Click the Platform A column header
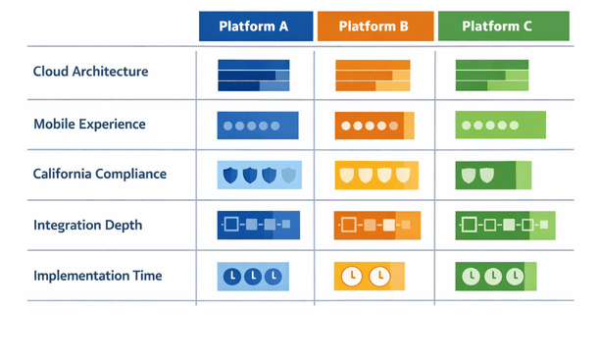(x=255, y=26)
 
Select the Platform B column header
(x=374, y=26)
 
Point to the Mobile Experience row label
(x=89, y=125)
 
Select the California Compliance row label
(x=99, y=175)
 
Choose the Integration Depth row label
(x=87, y=226)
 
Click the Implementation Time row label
(x=97, y=276)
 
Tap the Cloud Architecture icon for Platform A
(x=253, y=75)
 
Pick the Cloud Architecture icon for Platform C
(x=493, y=75)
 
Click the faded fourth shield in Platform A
(x=288, y=176)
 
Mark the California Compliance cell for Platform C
(x=493, y=176)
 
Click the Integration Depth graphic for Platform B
(x=376, y=226)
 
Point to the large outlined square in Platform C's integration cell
(x=469, y=226)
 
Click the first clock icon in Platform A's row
(x=232, y=278)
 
